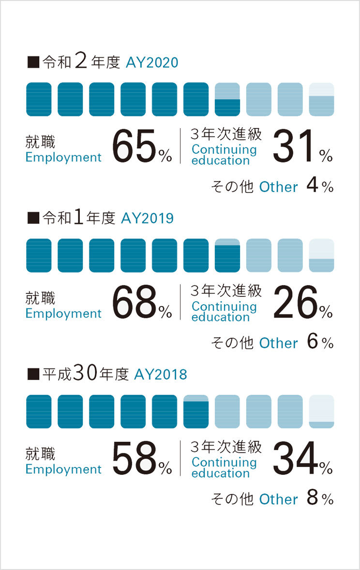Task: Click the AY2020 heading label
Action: click(152, 63)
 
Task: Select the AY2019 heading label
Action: click(147, 219)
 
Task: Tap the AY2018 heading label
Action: click(161, 375)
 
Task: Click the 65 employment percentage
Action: click(135, 146)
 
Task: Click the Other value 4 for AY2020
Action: click(313, 187)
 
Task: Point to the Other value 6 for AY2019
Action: click(313, 343)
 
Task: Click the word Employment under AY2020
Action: click(63, 157)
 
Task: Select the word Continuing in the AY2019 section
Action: click(224, 306)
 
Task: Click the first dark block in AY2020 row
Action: click(39, 100)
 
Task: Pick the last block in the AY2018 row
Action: click(321, 411)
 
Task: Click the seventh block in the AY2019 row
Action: click(227, 255)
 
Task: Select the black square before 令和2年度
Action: click(33, 62)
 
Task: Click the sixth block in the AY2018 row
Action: click(196, 411)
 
